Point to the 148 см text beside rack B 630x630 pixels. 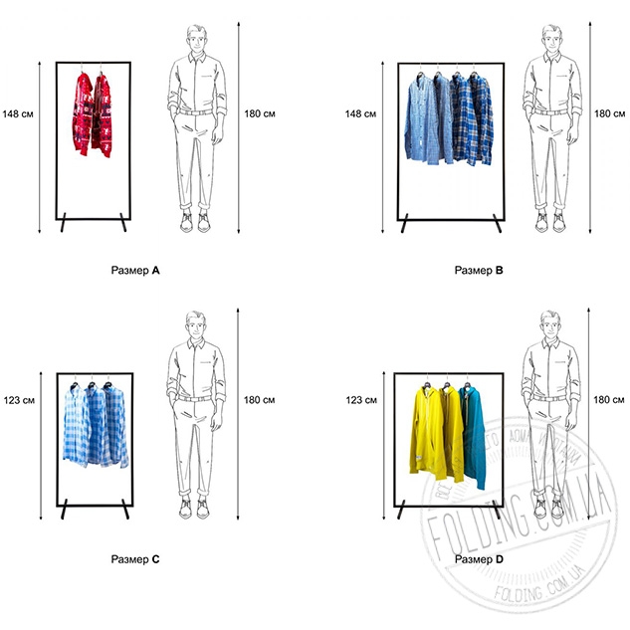(360, 112)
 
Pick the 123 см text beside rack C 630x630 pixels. (20, 400)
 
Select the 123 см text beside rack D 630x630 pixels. (360, 400)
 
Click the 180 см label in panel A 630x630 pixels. (260, 112)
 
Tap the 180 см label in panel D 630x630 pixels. (610, 400)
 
